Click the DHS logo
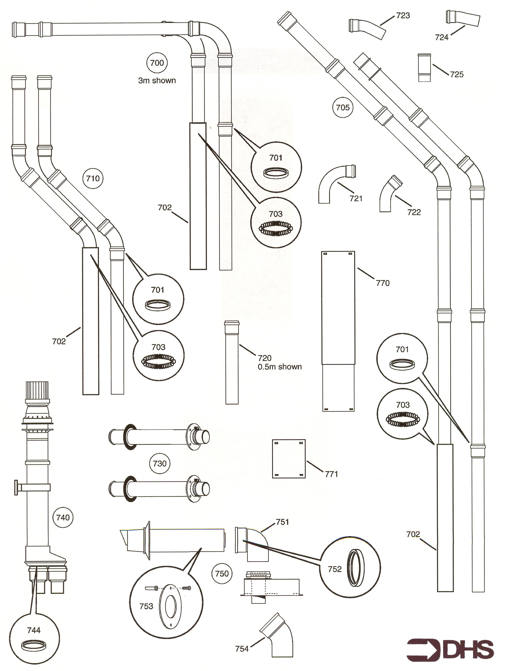pyautogui.click(x=451, y=650)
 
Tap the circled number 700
pyautogui.click(x=157, y=63)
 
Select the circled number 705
pyautogui.click(x=343, y=107)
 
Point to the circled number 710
pyautogui.click(x=93, y=178)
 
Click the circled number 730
pyautogui.click(x=160, y=463)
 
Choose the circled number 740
pyautogui.click(x=63, y=517)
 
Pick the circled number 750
pyautogui.click(x=222, y=574)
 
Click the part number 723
pyautogui.click(x=403, y=16)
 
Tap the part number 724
pyautogui.click(x=441, y=37)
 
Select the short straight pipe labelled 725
pyautogui.click(x=424, y=68)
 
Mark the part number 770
pyautogui.click(x=383, y=283)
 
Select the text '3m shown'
pyautogui.click(x=157, y=81)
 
